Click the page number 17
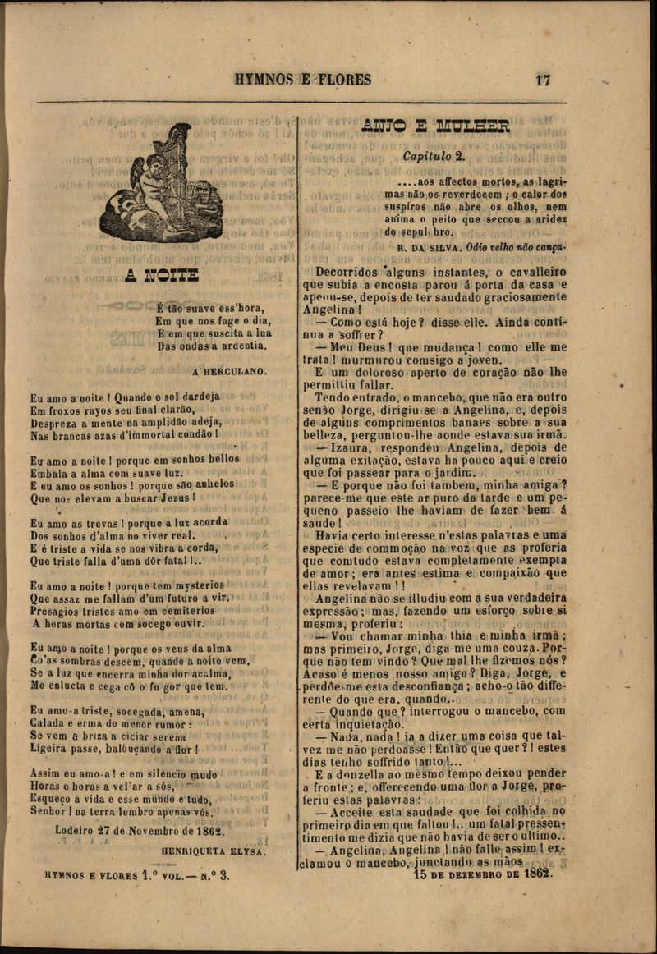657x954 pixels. [542, 80]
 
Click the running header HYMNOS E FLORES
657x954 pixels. [302, 80]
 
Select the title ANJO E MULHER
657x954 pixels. [435, 126]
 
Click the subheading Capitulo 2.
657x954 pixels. [434, 155]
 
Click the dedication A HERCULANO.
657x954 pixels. [229, 371]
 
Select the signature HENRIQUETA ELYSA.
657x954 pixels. [214, 851]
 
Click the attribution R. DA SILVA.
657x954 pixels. [428, 246]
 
